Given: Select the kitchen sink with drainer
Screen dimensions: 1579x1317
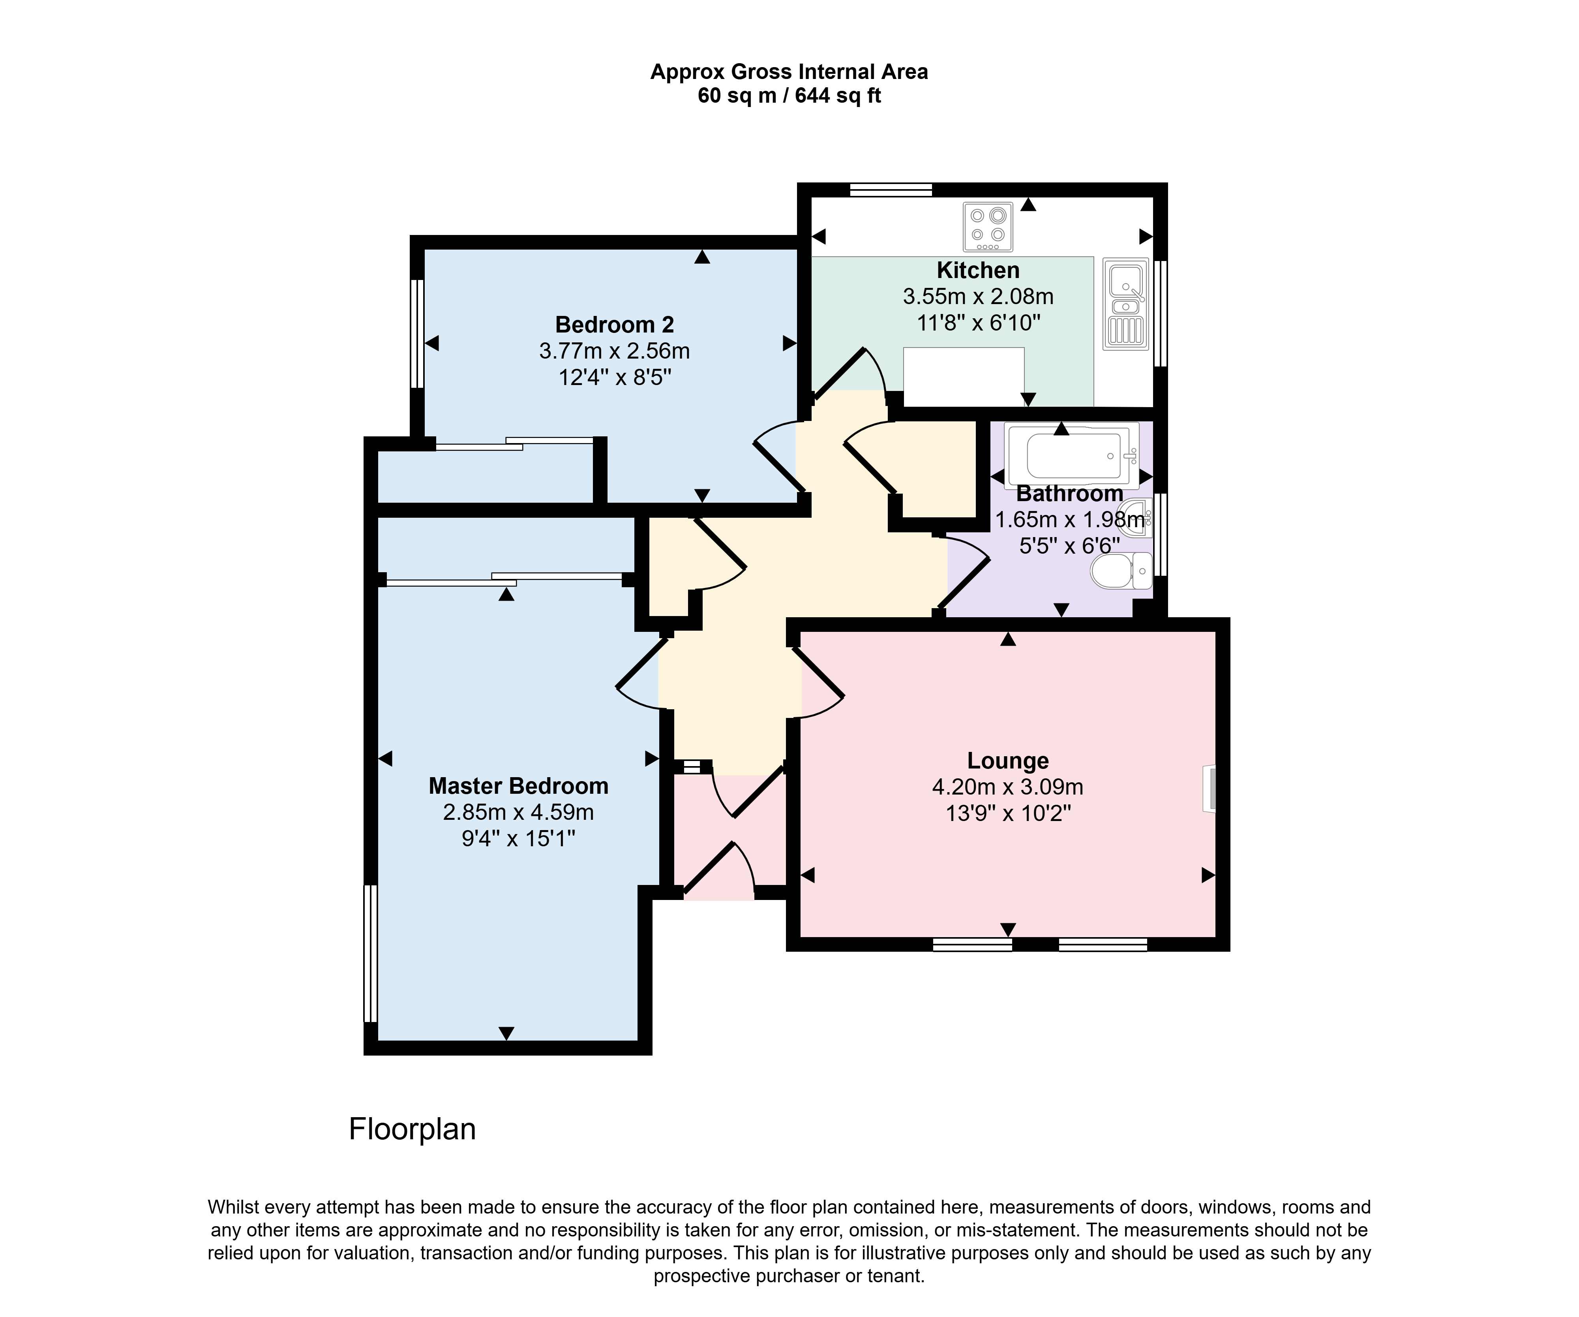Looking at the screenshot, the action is pos(1125,304).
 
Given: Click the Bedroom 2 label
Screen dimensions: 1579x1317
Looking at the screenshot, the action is pos(614,325).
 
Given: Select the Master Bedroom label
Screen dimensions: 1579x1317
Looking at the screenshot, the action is pos(518,786).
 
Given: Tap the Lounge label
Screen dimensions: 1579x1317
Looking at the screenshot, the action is pos(1007,761).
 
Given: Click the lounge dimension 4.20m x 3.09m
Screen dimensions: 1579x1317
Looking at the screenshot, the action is pos(1007,787).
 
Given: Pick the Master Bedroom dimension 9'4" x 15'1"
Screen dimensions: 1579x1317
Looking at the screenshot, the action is pos(518,838).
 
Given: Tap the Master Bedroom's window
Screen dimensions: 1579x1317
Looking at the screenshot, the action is pos(370,953).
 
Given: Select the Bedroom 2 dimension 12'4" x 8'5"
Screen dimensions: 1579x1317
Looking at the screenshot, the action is pos(614,377).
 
